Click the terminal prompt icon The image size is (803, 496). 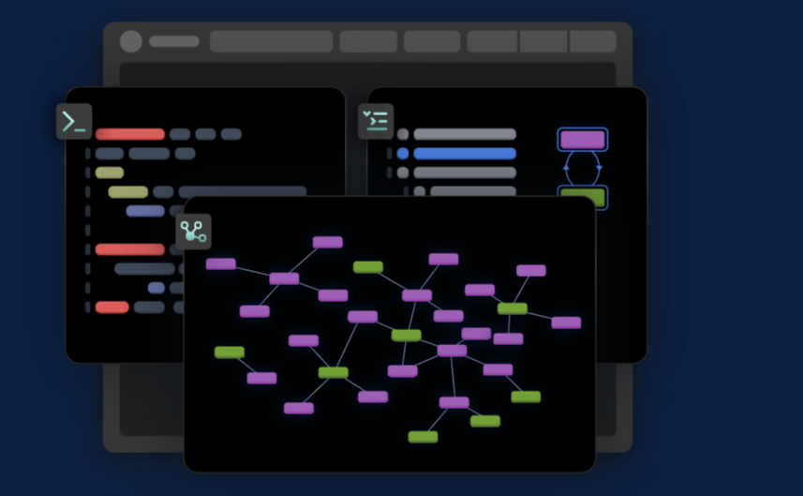74,122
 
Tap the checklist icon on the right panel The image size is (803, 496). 376,121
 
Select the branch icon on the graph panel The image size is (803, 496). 193,232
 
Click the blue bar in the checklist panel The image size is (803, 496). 465,154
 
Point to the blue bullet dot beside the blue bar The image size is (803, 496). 403,154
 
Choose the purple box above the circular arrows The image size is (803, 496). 582,140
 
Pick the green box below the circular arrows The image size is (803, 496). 582,196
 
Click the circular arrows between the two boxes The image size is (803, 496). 582,168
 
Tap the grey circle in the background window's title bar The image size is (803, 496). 131,41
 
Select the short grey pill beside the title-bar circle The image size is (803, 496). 174,41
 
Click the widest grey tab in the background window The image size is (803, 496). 272,41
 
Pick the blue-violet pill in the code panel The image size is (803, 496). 145,211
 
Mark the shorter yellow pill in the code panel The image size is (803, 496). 110,173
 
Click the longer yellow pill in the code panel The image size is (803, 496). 128,192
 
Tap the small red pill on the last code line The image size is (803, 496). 112,307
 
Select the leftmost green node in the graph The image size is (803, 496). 230,353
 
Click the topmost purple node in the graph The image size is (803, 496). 328,242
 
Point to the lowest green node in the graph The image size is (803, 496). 423,437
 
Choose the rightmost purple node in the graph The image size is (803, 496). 566,323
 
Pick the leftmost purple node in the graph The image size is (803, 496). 221,263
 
